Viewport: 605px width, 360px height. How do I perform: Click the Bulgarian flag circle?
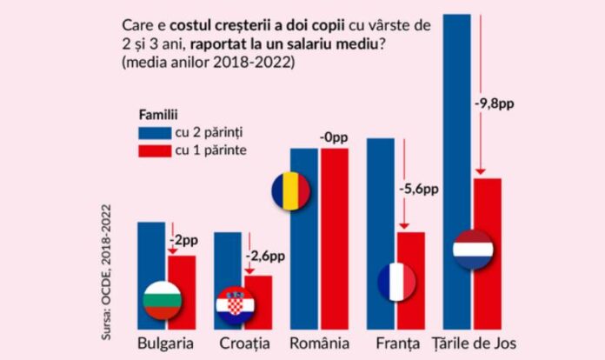pos(162,298)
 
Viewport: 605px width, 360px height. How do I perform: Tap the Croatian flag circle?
pos(236,304)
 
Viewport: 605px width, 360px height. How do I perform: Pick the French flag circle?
pos(396,282)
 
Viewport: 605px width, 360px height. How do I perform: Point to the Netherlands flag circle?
pos(473,250)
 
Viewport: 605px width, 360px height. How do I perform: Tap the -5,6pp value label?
pos(419,188)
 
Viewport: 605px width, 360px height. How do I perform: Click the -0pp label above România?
pos(335,137)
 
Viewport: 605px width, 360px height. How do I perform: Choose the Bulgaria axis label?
pos(166,343)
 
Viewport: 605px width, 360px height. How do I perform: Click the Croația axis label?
pos(241,343)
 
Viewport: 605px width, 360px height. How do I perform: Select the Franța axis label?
pos(396,343)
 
